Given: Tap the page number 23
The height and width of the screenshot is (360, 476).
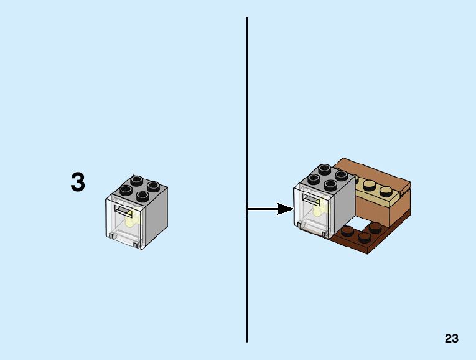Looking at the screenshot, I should [452, 339].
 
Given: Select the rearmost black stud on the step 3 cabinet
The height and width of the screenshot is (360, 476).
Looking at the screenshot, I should [138, 179].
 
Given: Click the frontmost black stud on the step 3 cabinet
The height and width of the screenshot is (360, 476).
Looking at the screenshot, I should [142, 196].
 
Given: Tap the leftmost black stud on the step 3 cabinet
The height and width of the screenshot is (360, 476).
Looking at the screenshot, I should [127, 189].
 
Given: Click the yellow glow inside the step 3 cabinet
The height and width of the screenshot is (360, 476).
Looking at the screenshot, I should [131, 220].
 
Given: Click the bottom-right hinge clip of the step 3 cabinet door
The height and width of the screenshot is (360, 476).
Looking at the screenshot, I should [136, 244].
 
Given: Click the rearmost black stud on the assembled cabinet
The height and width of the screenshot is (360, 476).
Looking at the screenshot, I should [325, 169].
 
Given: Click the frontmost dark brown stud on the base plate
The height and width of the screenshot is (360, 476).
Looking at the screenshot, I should [364, 236].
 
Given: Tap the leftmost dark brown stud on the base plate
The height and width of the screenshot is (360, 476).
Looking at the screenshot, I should [347, 230].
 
